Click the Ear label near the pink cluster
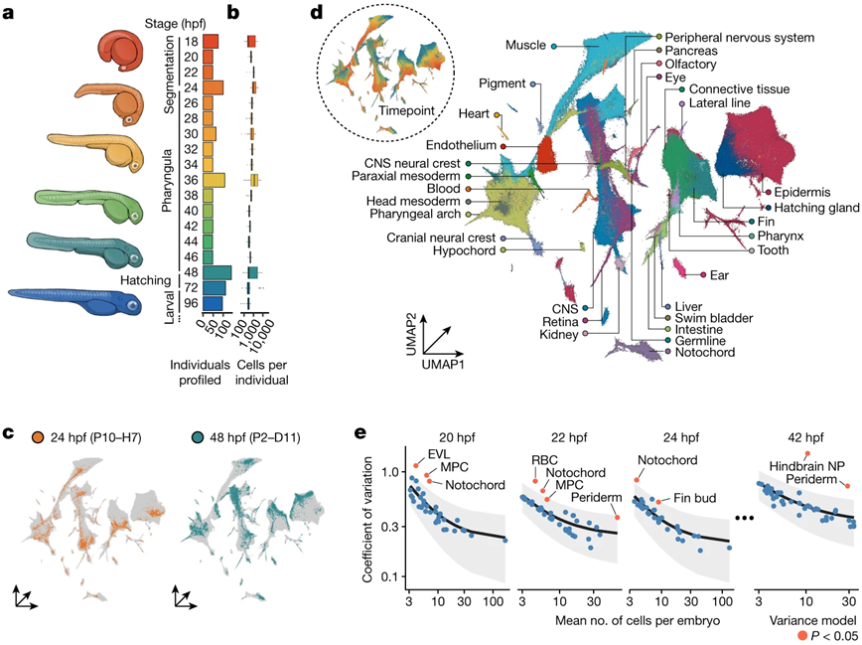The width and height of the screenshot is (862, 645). pos(719,273)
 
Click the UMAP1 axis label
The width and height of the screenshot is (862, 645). pos(445,366)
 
